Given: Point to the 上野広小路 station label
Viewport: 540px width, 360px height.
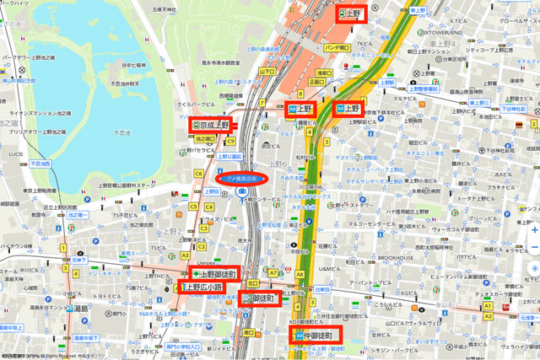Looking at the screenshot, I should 204,287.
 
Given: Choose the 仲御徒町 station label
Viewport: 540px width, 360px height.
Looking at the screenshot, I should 317,335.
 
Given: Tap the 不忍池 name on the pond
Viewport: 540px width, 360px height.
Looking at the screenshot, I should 121,132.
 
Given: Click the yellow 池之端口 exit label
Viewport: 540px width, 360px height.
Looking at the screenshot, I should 205,137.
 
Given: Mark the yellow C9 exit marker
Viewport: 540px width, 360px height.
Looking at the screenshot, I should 229,141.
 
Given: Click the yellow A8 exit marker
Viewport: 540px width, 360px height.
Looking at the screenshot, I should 300,273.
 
